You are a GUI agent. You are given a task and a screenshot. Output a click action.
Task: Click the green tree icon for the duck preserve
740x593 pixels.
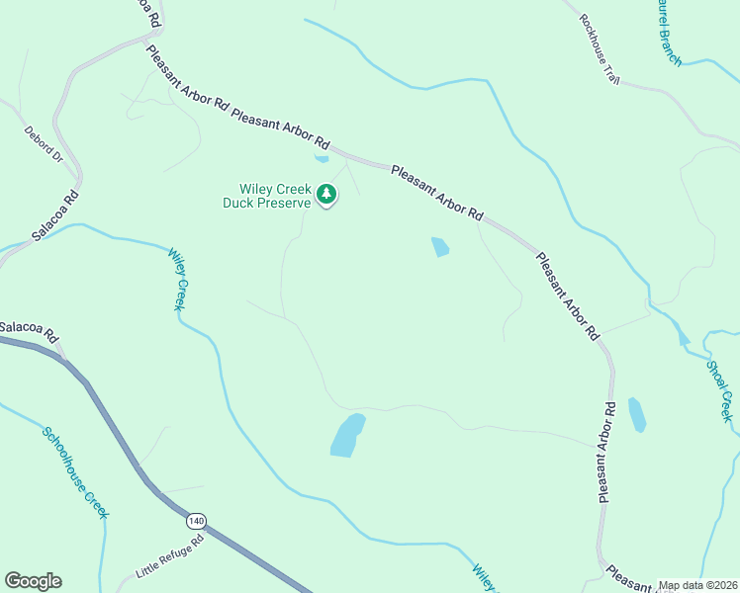click(326, 198)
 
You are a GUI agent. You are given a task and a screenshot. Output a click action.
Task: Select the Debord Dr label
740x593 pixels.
click(44, 143)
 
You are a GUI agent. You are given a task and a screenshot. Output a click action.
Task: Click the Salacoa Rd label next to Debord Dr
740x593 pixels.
click(54, 214)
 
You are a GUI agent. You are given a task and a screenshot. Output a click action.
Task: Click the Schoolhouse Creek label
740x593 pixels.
click(75, 471)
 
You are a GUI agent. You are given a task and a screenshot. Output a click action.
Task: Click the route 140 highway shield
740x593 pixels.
click(195, 520)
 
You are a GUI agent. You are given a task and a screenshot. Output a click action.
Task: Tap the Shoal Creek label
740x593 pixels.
click(719, 390)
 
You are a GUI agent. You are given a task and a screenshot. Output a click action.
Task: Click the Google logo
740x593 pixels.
click(33, 581)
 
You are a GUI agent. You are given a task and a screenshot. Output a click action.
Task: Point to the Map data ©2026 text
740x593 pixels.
click(697, 585)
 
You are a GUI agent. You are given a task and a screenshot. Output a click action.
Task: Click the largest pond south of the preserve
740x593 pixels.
click(347, 435)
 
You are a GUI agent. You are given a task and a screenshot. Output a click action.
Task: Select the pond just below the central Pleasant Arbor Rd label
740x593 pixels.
click(440, 247)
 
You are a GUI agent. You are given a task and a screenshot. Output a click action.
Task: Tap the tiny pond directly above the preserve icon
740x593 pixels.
click(321, 158)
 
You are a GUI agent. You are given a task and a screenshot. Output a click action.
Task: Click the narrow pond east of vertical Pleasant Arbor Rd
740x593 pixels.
click(637, 414)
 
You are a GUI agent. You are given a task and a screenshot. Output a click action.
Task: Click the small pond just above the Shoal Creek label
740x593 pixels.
click(684, 338)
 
